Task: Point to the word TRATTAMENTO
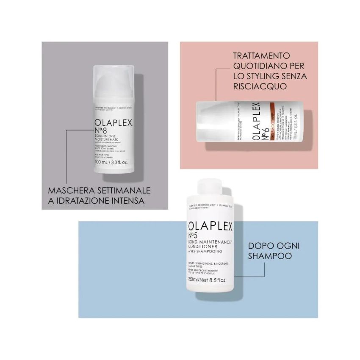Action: [261, 56]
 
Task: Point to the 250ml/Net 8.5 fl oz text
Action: [206, 280]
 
